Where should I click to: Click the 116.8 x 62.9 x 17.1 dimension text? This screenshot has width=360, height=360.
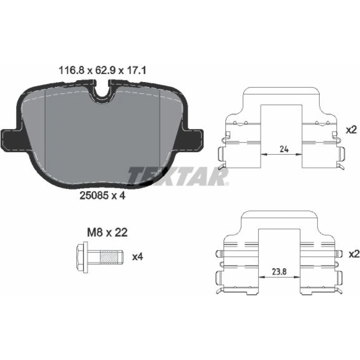pos(102,71)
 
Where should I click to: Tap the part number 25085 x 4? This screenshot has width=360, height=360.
pos(102,195)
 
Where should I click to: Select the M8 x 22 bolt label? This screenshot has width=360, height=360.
pos(107,233)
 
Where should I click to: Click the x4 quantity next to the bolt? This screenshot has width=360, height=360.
pos(138,257)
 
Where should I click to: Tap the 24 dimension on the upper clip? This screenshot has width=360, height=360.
pos(284,149)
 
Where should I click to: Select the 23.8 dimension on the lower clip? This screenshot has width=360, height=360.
pos(279,272)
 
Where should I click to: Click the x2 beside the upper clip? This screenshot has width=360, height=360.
pos(351,130)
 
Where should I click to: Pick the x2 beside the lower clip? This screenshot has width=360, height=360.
pos(354,254)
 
